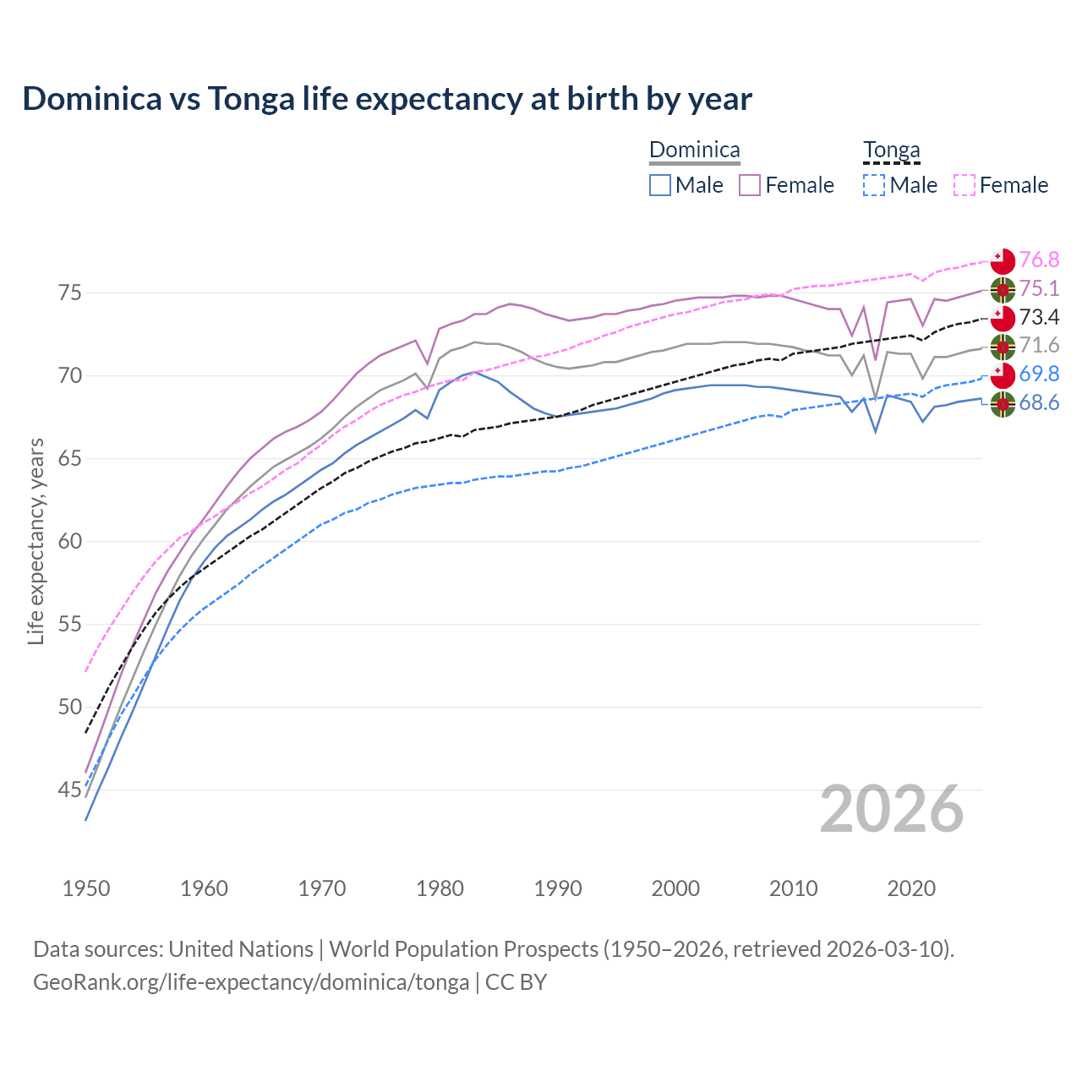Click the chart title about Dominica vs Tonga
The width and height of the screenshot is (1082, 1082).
point(387,99)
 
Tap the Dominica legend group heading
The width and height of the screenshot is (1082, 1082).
point(694,150)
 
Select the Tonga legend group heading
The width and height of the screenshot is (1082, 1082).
point(891,150)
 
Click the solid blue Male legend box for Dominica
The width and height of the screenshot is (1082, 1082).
point(660,185)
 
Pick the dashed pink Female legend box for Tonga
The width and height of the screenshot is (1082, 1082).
point(965,185)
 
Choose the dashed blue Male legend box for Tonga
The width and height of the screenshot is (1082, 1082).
point(874,185)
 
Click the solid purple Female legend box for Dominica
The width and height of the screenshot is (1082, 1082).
point(750,185)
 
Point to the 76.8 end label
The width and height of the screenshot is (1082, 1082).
point(1039,260)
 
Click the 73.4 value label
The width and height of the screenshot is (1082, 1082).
point(1039,317)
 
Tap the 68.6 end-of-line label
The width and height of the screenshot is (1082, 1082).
point(1039,403)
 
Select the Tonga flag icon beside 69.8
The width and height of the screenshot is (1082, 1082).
point(1003,374)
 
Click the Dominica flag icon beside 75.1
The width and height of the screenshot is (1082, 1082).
point(1003,289)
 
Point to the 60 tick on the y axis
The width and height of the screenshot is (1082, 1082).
point(69,541)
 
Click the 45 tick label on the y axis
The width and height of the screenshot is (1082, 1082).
point(69,790)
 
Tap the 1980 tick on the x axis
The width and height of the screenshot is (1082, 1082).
point(440,888)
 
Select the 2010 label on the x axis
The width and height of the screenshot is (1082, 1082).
point(793,888)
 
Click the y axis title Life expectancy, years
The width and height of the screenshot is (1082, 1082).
point(36,541)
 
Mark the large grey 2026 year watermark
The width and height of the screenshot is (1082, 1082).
point(891,809)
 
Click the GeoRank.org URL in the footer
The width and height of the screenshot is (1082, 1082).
point(251,982)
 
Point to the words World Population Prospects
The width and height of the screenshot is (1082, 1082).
point(463,949)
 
